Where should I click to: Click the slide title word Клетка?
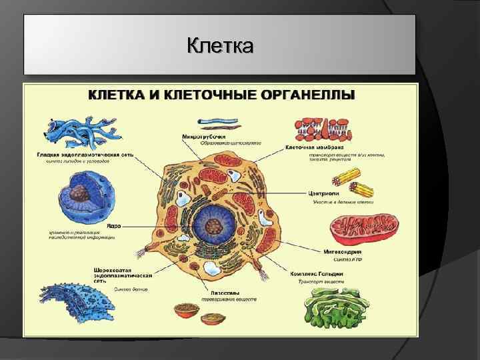coord(220,47)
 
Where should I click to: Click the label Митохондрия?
coord(342,253)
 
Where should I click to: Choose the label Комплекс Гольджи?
coord(317,273)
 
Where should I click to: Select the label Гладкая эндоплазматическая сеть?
coord(85,154)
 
